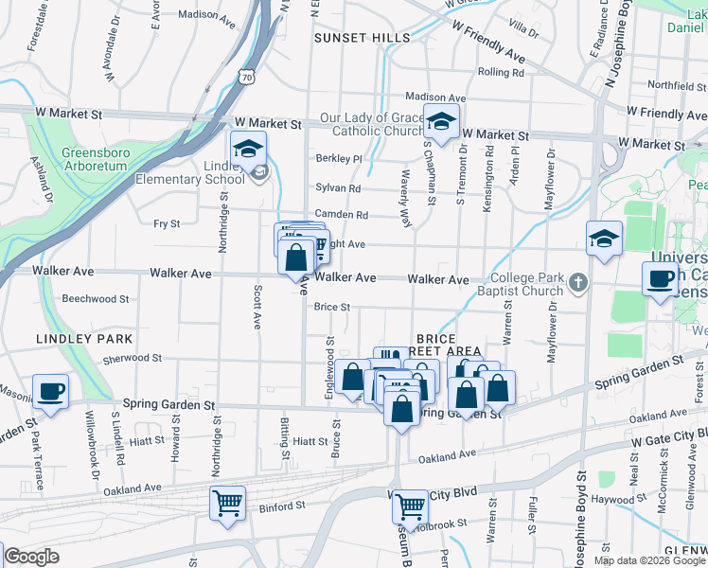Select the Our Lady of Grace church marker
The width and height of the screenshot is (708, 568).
click(x=440, y=121)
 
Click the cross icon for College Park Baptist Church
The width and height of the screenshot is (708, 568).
click(x=577, y=281)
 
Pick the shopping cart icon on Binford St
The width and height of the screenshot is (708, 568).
click(x=228, y=503)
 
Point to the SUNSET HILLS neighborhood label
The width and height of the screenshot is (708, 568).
click(x=363, y=38)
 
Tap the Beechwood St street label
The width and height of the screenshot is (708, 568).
click(x=95, y=299)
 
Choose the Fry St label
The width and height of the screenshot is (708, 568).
click(x=167, y=223)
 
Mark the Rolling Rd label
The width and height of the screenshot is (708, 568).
click(x=501, y=72)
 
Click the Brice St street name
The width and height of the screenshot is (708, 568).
click(x=332, y=307)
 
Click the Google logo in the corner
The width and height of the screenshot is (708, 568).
click(x=31, y=558)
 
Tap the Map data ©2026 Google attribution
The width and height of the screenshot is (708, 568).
click(x=649, y=560)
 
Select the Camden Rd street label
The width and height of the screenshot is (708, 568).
click(x=341, y=215)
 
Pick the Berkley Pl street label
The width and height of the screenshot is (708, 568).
click(x=339, y=159)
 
